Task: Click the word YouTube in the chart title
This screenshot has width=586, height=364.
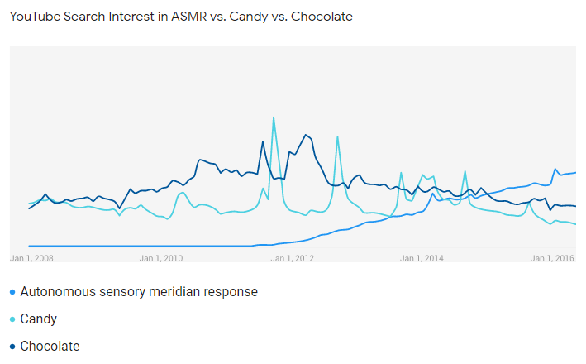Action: (33, 17)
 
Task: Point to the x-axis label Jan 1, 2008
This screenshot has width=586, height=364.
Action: (31, 258)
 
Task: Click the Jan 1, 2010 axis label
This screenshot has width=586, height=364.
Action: (161, 258)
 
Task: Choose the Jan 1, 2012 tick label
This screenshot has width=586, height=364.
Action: (293, 258)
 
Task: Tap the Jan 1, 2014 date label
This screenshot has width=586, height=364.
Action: (422, 258)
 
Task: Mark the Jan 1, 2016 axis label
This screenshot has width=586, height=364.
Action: (553, 258)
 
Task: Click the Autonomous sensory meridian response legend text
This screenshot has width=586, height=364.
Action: (139, 292)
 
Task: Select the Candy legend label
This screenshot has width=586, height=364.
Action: (39, 318)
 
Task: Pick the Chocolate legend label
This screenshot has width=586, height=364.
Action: (50, 346)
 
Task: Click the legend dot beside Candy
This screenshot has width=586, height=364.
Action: (12, 319)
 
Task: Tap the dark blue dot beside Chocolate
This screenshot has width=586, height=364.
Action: (12, 347)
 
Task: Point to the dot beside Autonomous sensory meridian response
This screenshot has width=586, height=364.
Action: (12, 293)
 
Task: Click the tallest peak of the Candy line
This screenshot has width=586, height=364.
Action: (274, 117)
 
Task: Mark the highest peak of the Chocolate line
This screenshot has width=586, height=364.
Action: (306, 134)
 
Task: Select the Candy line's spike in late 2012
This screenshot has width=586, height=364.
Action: (337, 136)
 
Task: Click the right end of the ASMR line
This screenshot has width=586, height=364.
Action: (574, 173)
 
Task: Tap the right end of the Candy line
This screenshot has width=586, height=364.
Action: (574, 224)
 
